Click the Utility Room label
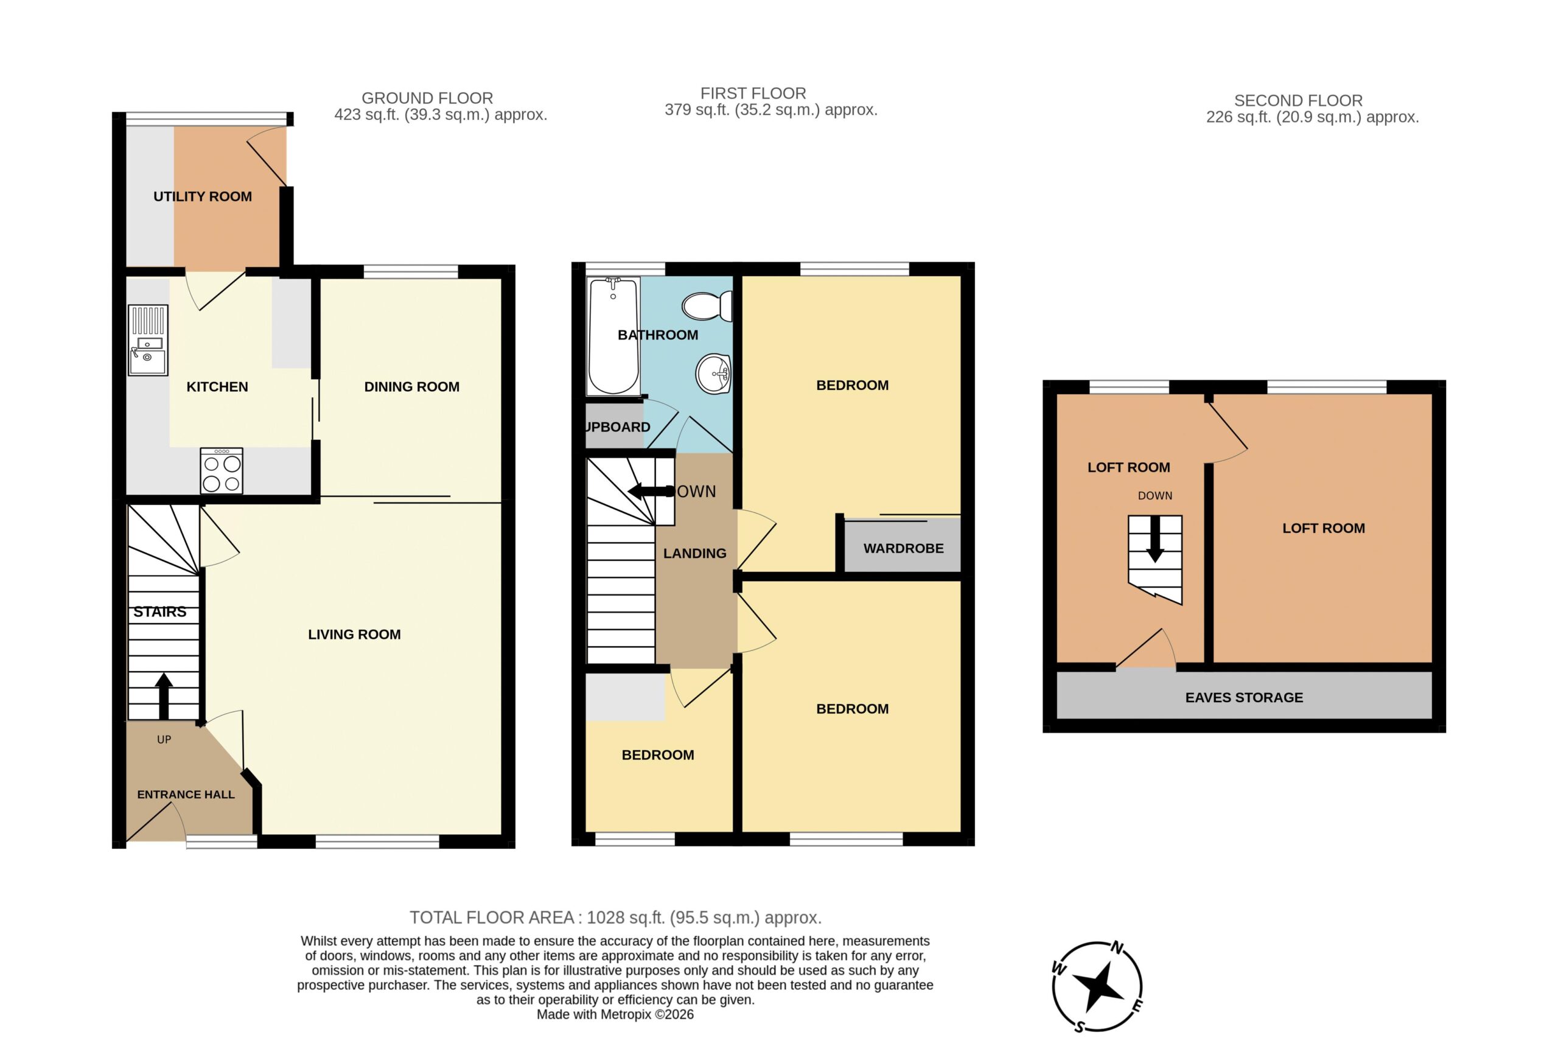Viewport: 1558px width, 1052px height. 203,197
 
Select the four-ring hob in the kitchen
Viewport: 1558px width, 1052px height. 222,471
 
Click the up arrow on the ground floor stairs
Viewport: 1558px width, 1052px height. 164,696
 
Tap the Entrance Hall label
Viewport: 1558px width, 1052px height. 186,795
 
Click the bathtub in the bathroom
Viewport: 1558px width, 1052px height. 613,336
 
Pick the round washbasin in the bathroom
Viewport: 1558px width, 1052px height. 713,374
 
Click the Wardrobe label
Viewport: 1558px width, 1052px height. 903,549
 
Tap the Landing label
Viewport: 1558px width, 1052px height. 694,554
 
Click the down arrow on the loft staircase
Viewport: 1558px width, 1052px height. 1155,540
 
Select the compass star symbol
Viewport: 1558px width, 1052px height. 1097,986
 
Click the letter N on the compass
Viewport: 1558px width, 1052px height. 1117,947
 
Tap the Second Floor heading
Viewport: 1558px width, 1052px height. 1298,100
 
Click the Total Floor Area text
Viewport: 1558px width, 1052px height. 615,918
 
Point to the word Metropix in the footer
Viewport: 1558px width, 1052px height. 626,1014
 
